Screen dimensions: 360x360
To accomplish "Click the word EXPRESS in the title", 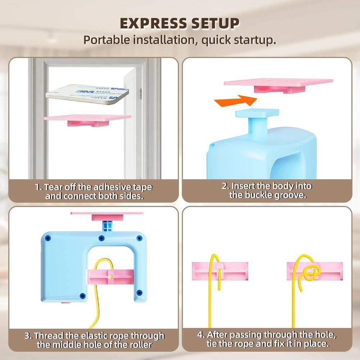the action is click(x=153, y=23).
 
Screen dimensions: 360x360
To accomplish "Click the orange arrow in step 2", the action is click(x=235, y=100).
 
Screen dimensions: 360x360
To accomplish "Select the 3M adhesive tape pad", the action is click(x=87, y=94).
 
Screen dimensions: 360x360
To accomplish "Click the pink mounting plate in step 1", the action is click(x=87, y=120).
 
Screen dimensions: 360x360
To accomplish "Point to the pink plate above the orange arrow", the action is click(x=279, y=85).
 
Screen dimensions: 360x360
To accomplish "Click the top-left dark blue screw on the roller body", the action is click(x=48, y=238).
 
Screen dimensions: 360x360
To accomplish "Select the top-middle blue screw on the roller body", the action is click(x=102, y=238).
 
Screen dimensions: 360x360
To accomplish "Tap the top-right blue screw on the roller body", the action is click(x=139, y=238).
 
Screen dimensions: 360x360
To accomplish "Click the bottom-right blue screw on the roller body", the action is click(x=139, y=293).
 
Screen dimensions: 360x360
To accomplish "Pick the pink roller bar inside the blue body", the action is click(x=110, y=276).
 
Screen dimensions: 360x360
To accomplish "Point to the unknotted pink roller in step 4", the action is click(x=220, y=271).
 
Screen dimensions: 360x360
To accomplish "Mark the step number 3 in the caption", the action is click(x=28, y=336).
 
